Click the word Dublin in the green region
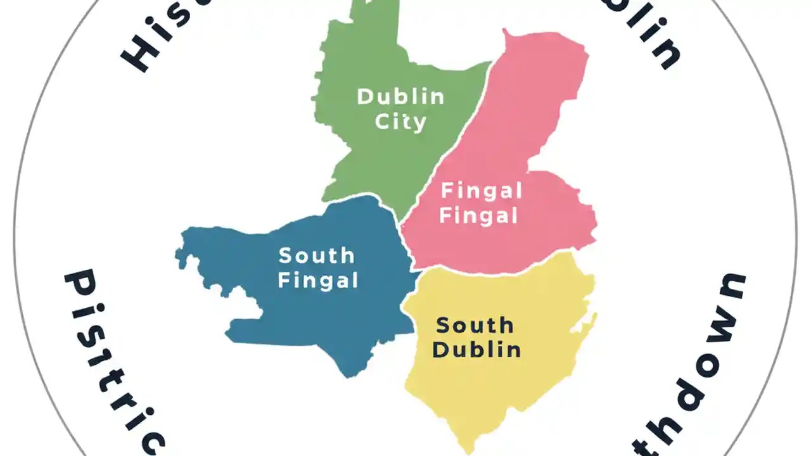[401, 97]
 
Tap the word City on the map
[400, 121]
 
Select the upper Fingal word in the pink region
[482, 191]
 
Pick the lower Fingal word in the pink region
[479, 215]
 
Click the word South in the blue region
[317, 256]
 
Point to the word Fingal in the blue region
[318, 280]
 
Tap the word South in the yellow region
[475, 326]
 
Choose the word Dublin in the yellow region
[476, 350]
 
